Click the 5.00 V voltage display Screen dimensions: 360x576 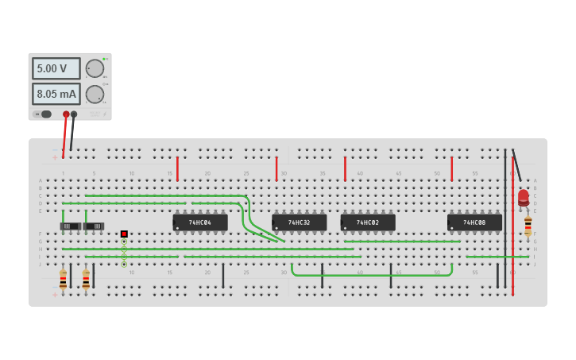tap(56, 68)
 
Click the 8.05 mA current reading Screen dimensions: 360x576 tap(56, 95)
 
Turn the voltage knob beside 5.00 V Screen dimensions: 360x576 tap(95, 68)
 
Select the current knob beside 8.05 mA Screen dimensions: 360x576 tap(95, 95)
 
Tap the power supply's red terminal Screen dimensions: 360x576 tap(66, 114)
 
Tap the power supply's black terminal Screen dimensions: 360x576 tap(74, 114)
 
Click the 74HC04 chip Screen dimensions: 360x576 tap(200, 223)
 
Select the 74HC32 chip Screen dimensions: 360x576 tap(299, 223)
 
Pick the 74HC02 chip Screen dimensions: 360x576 tap(368, 223)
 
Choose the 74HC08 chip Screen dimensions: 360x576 tap(474, 223)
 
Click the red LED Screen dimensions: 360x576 tap(523, 196)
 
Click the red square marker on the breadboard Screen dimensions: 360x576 tap(124, 234)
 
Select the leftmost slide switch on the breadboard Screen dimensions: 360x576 tap(71, 226)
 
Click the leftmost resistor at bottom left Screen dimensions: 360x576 tap(63, 280)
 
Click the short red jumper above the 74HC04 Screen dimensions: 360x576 tap(177, 168)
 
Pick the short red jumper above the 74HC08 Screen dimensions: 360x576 tap(451, 168)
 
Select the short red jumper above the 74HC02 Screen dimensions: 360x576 tap(345, 168)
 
